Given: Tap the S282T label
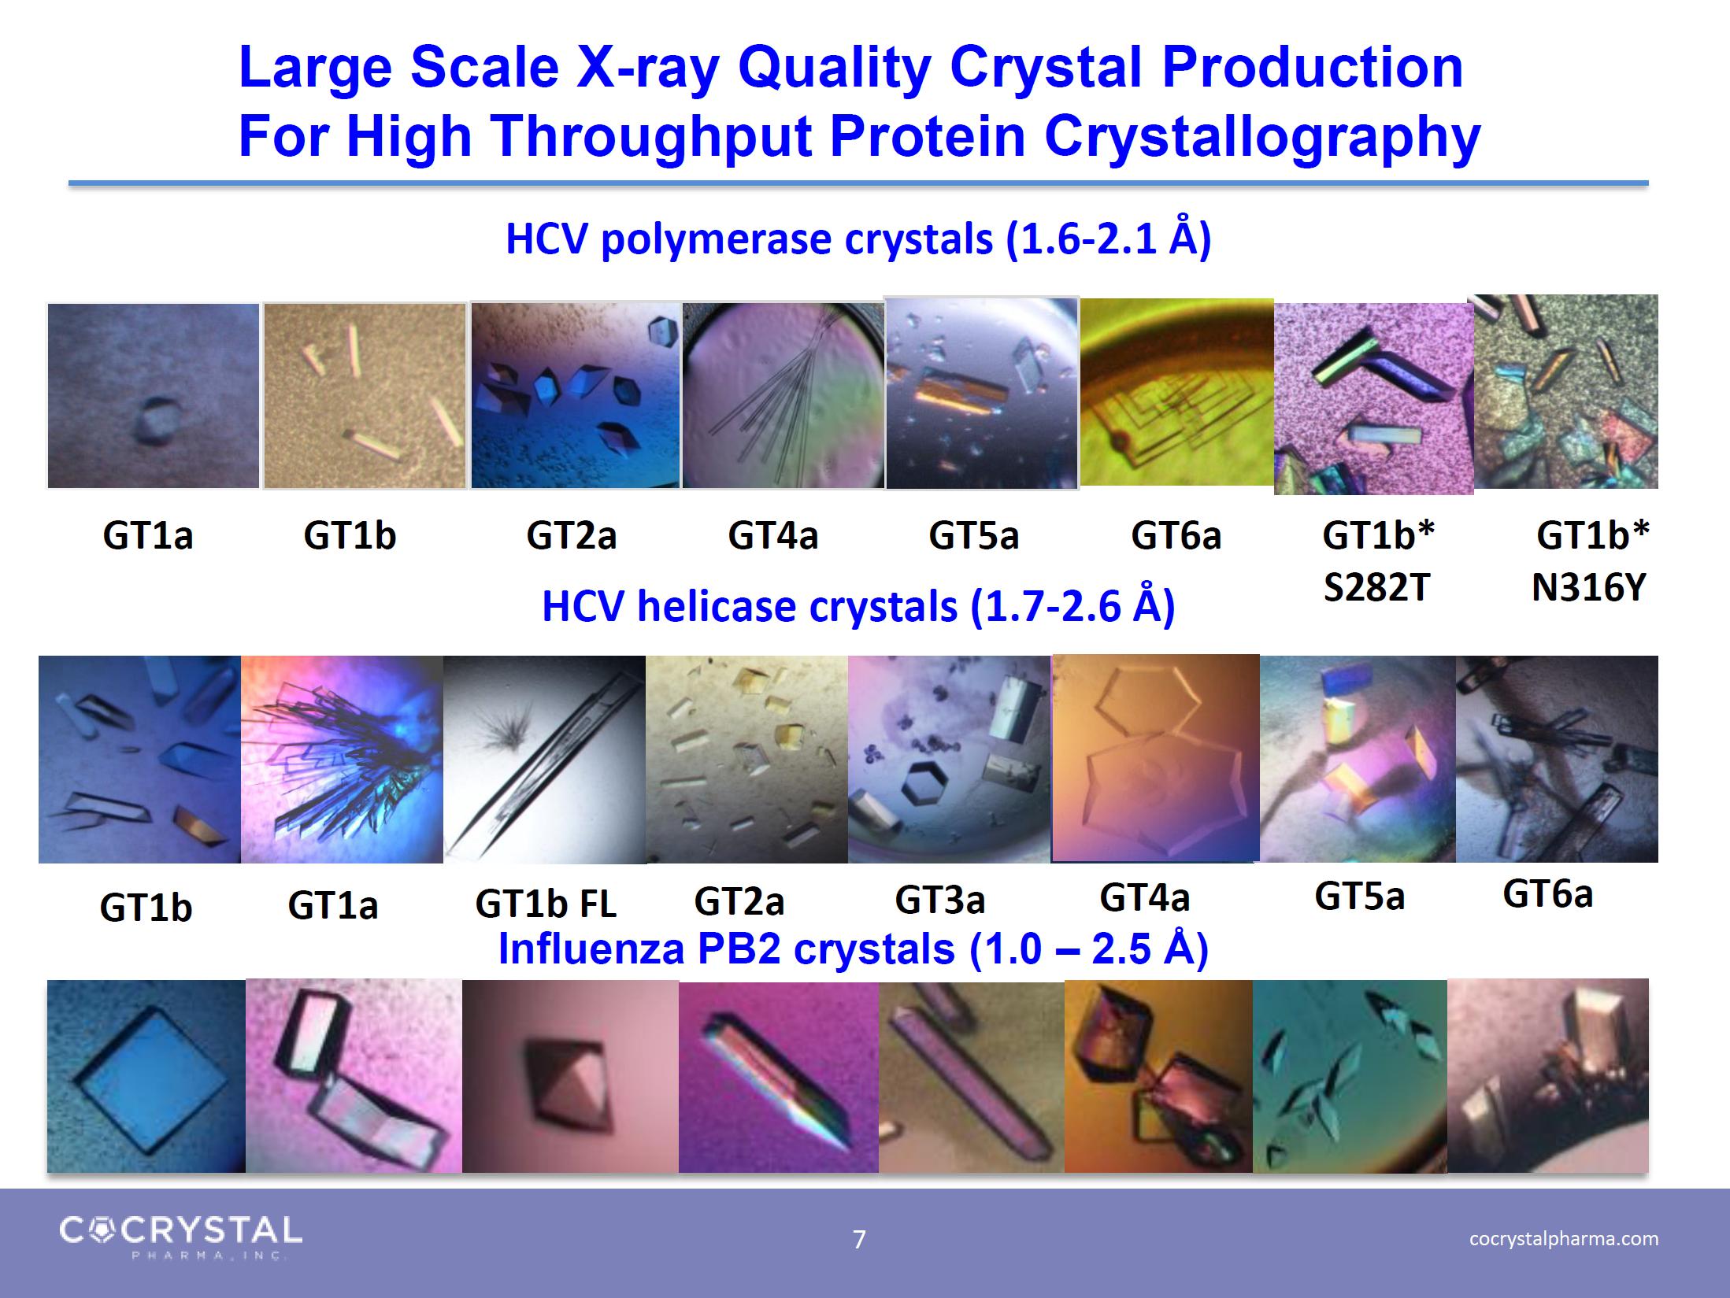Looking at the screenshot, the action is [x=1376, y=588].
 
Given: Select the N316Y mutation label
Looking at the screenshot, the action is [x=1589, y=588].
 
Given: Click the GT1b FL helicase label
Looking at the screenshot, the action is [x=545, y=904].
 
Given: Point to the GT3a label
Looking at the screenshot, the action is [x=939, y=899].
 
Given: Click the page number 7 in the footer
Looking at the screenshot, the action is [x=859, y=1240].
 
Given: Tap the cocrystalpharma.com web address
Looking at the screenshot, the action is [x=1564, y=1238].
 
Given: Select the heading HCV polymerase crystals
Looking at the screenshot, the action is [x=858, y=239].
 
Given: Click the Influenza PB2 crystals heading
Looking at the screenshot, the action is [x=854, y=949].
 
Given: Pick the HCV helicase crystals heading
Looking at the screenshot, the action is [x=858, y=606].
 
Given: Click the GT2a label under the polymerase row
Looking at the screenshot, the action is [x=571, y=536].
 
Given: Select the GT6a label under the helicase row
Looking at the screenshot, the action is [x=1547, y=893].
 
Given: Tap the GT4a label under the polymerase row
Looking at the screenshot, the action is [x=772, y=536].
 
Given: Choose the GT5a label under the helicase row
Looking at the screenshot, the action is [x=1359, y=896].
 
